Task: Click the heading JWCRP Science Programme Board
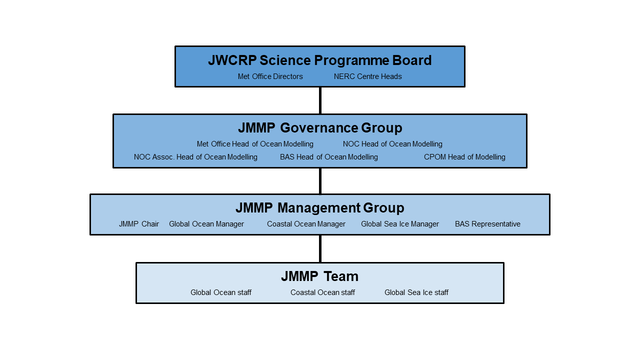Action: coord(319,60)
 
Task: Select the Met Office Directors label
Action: coord(270,76)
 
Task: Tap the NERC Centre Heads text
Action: coord(367,76)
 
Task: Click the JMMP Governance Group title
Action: coord(320,127)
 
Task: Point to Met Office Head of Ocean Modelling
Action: coord(255,144)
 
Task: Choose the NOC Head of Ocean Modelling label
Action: coord(392,144)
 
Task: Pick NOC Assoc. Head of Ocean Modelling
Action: coord(195,157)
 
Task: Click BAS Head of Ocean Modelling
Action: coord(329,157)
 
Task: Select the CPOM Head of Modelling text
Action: coord(464,157)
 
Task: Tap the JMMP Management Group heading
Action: coord(320,207)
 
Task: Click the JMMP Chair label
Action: coord(139,224)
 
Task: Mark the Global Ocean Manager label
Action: coord(206,224)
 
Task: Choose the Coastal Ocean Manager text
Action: coord(306,224)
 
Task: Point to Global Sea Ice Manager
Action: coord(400,224)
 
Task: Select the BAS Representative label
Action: coord(487,224)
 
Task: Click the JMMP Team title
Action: coord(319,276)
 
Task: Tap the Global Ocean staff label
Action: coord(221,292)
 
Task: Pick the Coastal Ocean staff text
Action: coord(322,292)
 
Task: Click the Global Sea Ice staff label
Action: coord(416,292)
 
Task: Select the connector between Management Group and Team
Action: coord(320,248)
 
